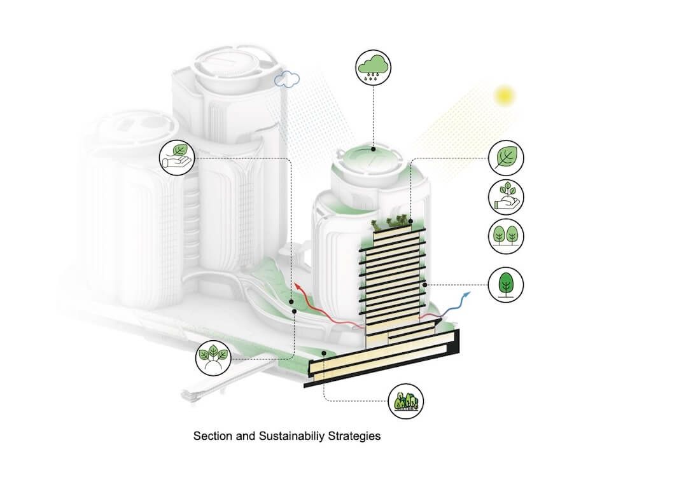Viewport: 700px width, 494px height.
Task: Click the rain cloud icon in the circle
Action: tap(373, 68)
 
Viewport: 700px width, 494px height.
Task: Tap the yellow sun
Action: tap(505, 95)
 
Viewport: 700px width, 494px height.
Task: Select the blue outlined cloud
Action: tap(286, 79)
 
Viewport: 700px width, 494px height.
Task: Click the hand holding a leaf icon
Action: tap(177, 158)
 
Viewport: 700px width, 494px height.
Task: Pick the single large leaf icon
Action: tap(506, 158)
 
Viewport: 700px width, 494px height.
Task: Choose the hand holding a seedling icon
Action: tap(506, 197)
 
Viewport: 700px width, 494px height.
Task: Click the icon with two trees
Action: tap(506, 237)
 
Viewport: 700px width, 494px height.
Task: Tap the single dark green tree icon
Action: tap(506, 284)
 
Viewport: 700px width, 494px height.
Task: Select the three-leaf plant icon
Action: tap(213, 357)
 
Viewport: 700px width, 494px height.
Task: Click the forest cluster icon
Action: tap(405, 401)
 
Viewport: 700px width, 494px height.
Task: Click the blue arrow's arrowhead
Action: tap(467, 294)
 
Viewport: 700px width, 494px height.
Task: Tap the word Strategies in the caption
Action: tap(354, 436)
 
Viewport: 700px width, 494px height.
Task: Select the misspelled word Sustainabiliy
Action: tap(292, 436)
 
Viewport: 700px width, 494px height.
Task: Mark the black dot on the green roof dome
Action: tap(373, 149)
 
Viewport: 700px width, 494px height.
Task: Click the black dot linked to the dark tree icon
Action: tap(424, 284)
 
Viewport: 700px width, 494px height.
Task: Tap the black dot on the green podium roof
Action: tap(324, 353)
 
